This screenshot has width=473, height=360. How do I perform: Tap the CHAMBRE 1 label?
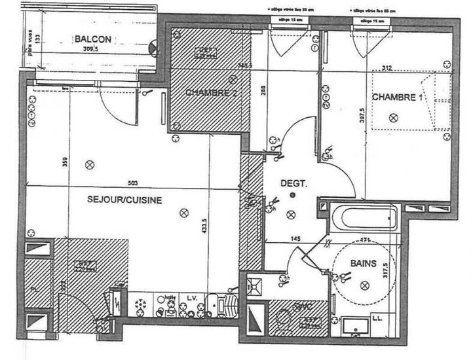pos(395,98)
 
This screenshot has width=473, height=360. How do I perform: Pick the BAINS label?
pos(362,264)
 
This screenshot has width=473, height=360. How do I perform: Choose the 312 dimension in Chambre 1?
pos(406,68)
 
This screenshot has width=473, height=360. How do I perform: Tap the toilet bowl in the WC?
pos(283,321)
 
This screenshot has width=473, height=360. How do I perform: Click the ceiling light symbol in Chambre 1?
pos(392,117)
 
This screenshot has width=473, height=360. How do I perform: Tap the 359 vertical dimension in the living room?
pos(65,162)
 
